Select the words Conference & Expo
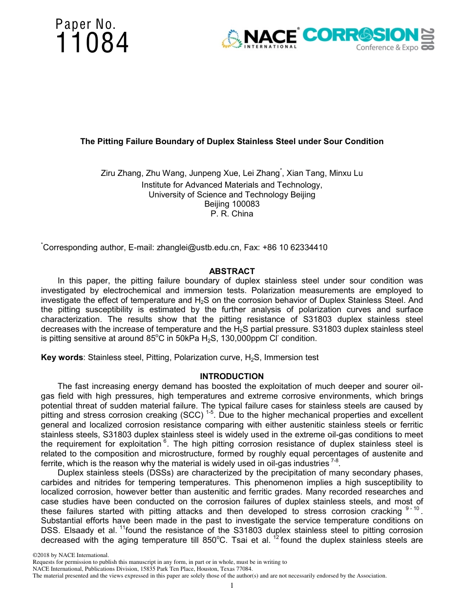coord(387,48)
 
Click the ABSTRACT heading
coord(232,271)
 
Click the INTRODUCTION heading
coord(232,376)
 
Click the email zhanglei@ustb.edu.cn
coord(198,247)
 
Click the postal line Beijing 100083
coord(232,204)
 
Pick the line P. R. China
coord(232,214)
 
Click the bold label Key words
coord(62,357)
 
